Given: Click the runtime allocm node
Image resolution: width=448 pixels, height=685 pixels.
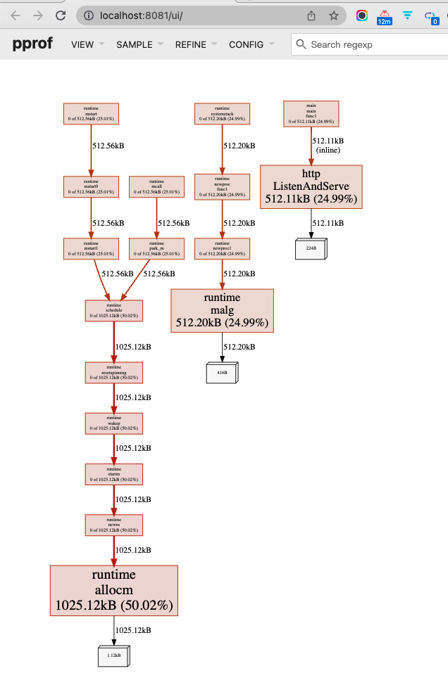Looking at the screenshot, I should coord(113,590).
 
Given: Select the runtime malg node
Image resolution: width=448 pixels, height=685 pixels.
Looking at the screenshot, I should coord(222,310).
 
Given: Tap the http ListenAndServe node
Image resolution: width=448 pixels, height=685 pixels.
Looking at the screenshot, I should coord(311,186).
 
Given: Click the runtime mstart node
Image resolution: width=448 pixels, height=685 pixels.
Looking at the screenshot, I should coord(91,114).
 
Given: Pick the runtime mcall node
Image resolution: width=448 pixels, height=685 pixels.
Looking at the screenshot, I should coord(156,186).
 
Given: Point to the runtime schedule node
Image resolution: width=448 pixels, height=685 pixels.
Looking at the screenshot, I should coord(113,311).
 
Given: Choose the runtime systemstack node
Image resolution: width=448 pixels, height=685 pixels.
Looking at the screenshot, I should coord(222,114).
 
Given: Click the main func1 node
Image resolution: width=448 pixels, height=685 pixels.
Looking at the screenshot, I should coord(311,113).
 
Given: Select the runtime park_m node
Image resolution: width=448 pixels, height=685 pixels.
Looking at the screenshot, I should coord(156,248).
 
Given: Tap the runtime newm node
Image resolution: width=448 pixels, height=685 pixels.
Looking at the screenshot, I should coord(113,525).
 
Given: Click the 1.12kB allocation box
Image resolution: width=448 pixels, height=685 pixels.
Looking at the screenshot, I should coord(113,655).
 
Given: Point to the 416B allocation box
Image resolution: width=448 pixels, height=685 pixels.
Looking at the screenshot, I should coord(222,372).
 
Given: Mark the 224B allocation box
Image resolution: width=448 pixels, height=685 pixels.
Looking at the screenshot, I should coord(311,248).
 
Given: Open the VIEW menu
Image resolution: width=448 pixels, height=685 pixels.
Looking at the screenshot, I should coord(82,44).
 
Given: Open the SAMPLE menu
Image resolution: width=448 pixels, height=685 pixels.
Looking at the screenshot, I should coord(134,44).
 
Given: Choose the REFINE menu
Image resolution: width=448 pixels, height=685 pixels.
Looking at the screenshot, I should coord(191,44).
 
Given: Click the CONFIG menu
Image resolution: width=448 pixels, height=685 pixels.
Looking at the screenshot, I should coord(246,44).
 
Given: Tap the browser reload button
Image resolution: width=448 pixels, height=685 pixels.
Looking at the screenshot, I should coord(61,15).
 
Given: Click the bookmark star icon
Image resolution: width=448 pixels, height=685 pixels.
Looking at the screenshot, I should coord(333,15).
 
